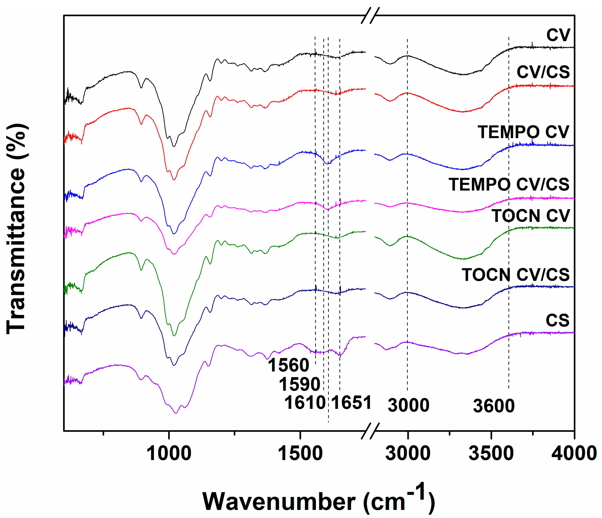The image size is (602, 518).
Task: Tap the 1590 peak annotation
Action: click(299, 384)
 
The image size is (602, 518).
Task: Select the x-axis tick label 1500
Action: click(300, 453)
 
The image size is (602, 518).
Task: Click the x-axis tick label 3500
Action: click(491, 453)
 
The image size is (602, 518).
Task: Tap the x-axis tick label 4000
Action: click(574, 453)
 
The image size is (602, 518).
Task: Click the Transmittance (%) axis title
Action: click(17, 230)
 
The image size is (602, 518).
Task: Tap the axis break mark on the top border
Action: click(370, 15)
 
